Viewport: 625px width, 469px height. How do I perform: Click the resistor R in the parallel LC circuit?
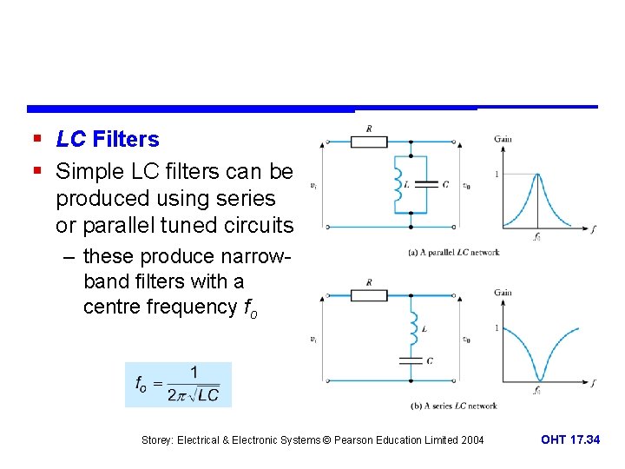(369, 142)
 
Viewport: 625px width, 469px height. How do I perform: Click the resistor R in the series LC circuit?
(369, 295)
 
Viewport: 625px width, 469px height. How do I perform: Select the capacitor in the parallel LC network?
(425, 184)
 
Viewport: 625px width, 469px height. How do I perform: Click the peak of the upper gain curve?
(538, 175)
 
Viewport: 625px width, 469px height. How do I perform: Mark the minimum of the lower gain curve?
(538, 379)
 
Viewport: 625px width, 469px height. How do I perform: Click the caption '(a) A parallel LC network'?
(453, 253)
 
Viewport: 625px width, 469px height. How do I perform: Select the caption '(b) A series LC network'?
(453, 406)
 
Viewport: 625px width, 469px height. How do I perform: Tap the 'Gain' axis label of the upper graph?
(503, 139)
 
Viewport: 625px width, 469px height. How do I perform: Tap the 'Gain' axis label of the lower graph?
(503, 293)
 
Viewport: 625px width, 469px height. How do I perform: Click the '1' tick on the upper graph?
(497, 175)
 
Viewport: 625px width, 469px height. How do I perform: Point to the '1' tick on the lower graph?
(497, 327)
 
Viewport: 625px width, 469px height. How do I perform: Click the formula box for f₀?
(178, 384)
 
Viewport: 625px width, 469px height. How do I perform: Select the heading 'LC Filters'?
(108, 139)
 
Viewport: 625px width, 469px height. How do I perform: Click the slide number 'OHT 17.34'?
(569, 440)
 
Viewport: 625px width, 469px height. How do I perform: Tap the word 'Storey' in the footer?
(159, 440)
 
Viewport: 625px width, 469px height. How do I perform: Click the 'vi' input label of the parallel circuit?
(312, 184)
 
